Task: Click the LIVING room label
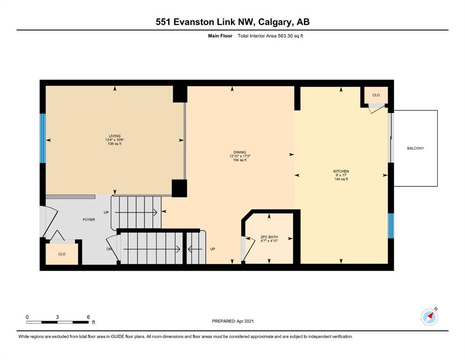tap(114, 136)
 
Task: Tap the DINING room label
tap(240, 152)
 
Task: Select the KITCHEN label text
tap(341, 171)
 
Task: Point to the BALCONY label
tap(415, 148)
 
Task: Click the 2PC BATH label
tap(269, 237)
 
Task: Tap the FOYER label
tap(89, 220)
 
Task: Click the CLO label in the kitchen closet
tap(376, 95)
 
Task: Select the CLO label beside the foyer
tap(62, 254)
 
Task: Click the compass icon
tap(429, 317)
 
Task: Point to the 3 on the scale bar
tap(57, 317)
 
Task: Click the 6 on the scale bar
tap(89, 317)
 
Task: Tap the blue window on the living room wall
tap(43, 138)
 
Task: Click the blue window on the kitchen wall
tap(391, 225)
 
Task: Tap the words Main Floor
tap(220, 36)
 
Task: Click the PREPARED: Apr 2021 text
tap(233, 321)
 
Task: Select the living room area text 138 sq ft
tap(114, 143)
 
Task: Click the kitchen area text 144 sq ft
tap(341, 179)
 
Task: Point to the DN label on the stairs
tap(109, 249)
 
